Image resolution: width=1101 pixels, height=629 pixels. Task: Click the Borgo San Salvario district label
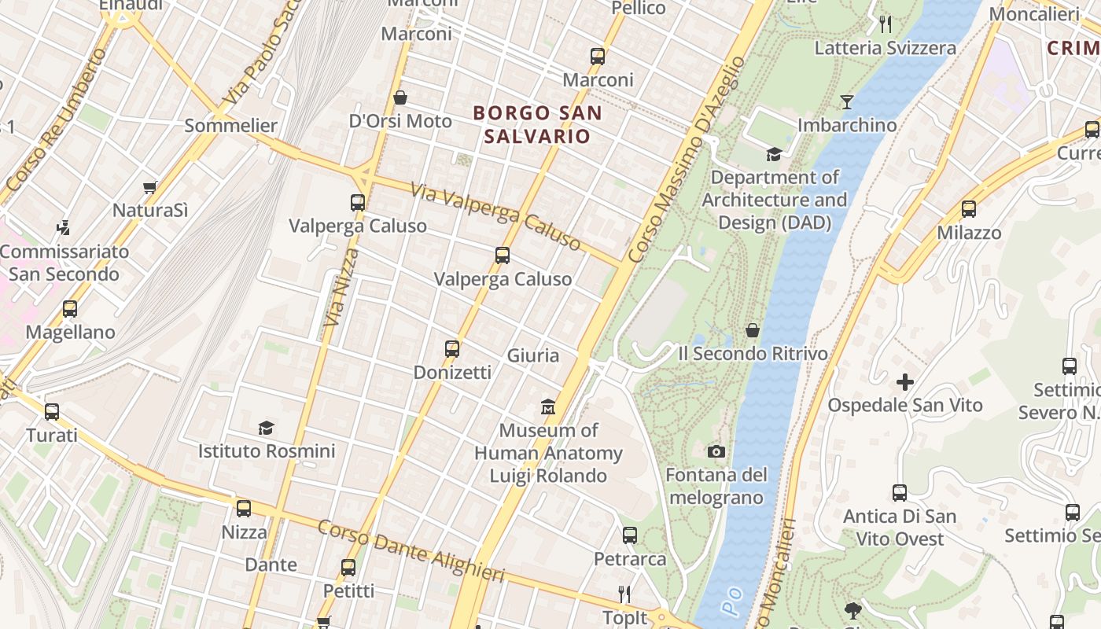pyautogui.click(x=537, y=124)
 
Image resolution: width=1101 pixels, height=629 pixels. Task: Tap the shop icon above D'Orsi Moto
pyautogui.click(x=400, y=97)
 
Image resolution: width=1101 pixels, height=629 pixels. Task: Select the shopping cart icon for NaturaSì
pyautogui.click(x=149, y=187)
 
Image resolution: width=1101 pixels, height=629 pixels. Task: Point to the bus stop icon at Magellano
pyautogui.click(x=70, y=309)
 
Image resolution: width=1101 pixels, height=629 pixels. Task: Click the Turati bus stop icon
pyautogui.click(x=52, y=411)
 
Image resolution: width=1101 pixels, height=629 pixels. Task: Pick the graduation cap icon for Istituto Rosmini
pyautogui.click(x=267, y=428)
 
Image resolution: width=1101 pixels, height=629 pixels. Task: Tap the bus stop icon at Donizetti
pyautogui.click(x=452, y=348)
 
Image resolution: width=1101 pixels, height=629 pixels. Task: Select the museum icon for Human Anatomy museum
pyautogui.click(x=548, y=407)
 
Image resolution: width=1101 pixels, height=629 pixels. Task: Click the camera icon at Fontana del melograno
pyautogui.click(x=716, y=451)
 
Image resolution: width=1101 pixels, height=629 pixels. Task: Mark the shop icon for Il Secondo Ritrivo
pyautogui.click(x=753, y=330)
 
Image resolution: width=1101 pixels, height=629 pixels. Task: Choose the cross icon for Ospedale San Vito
pyautogui.click(x=905, y=382)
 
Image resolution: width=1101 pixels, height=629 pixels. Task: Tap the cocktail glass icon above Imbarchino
pyautogui.click(x=847, y=101)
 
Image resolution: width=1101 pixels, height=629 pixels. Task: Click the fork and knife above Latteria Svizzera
pyautogui.click(x=886, y=24)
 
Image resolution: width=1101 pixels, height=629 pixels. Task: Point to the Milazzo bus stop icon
pyautogui.click(x=969, y=209)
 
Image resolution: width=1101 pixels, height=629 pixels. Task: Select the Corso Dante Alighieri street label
pyautogui.click(x=411, y=551)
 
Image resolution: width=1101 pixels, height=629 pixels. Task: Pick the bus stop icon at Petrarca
pyautogui.click(x=630, y=535)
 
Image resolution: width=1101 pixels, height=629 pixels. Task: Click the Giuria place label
pyautogui.click(x=533, y=355)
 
